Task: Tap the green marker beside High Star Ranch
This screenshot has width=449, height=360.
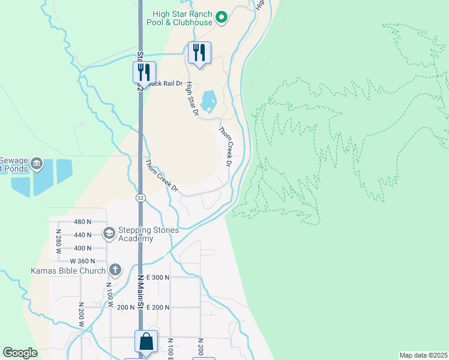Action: [x=221, y=17]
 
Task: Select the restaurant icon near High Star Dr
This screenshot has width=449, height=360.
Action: [x=200, y=52]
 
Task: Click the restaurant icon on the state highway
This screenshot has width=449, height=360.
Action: [x=144, y=72]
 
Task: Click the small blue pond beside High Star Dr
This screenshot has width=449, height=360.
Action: [x=208, y=101]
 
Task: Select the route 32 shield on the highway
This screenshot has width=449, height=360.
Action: [x=140, y=197]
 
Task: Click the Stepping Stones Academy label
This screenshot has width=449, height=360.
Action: [x=135, y=234]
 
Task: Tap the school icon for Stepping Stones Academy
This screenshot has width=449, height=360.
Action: [x=109, y=233]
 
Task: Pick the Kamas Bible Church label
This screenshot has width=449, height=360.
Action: [x=71, y=271]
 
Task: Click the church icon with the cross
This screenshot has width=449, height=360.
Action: [x=115, y=270]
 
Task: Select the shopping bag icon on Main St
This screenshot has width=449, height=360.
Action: [x=146, y=341]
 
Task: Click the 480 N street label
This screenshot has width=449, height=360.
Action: [x=82, y=221]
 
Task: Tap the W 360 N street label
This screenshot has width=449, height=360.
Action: [x=83, y=261]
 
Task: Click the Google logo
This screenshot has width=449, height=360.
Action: [x=20, y=353]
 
